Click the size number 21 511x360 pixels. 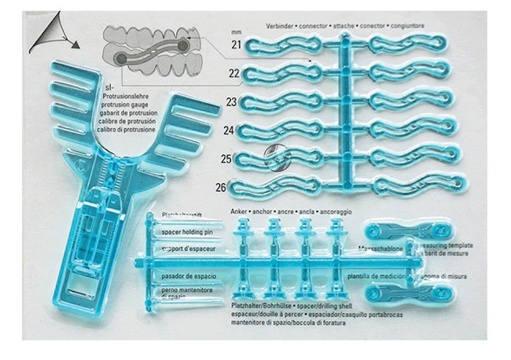[237, 46]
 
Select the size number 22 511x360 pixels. [234, 74]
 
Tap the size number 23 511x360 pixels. [231, 102]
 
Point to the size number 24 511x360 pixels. [228, 131]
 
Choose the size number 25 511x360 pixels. [226, 158]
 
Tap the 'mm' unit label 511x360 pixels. [235, 33]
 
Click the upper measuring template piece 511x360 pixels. [397, 232]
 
